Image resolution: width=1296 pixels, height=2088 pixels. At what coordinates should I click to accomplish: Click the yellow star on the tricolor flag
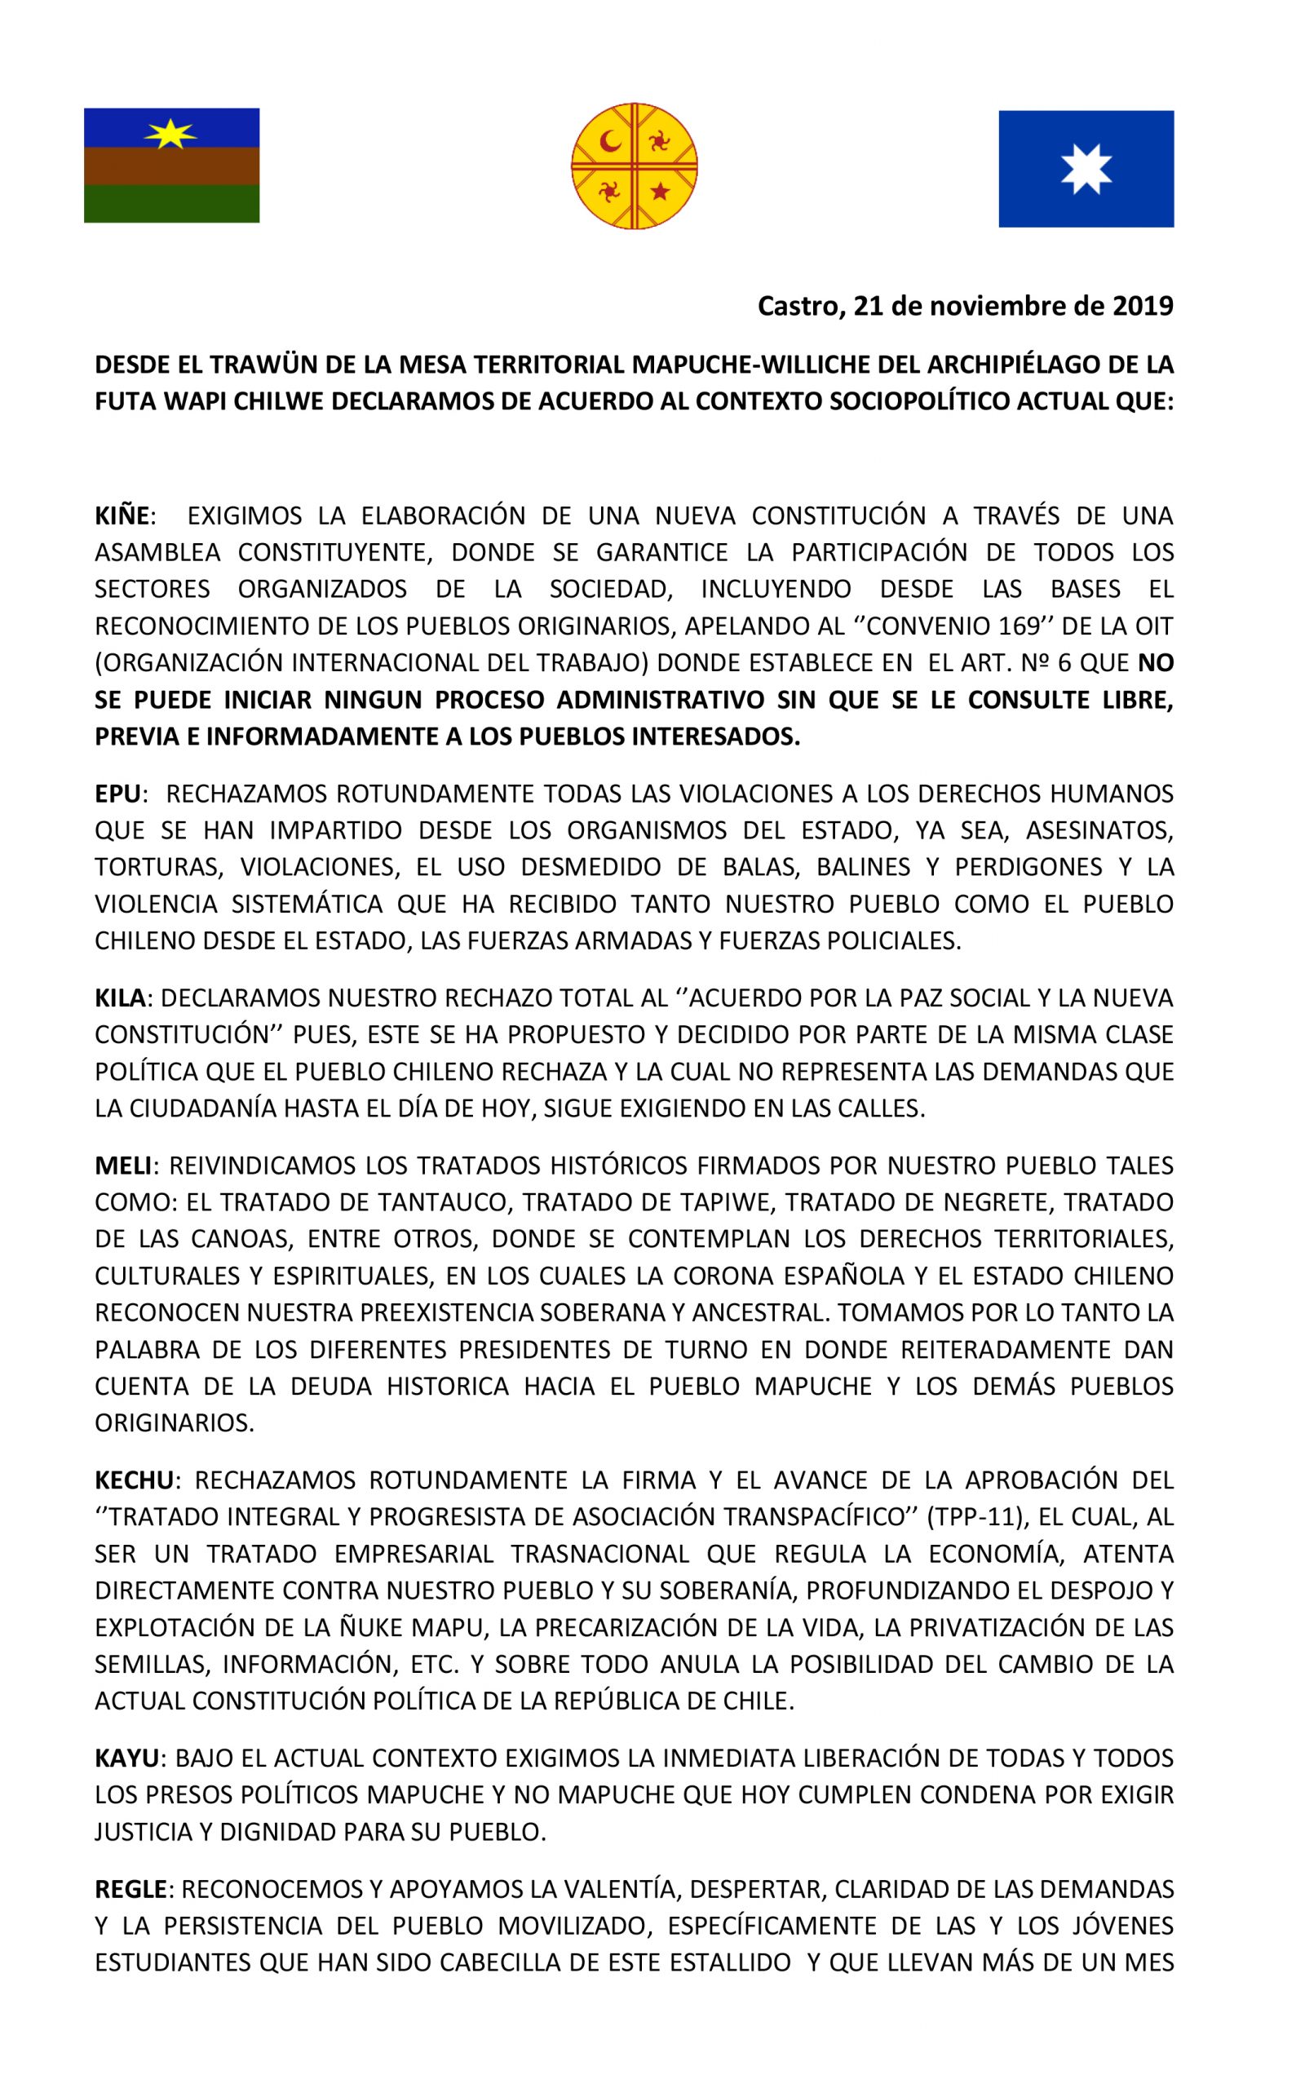click(x=170, y=133)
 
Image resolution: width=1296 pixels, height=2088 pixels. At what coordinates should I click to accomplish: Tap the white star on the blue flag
click(x=1086, y=169)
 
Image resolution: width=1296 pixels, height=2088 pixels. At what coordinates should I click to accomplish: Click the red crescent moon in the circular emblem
click(x=609, y=140)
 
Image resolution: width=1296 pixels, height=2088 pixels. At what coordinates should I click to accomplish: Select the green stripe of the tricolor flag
click(x=171, y=203)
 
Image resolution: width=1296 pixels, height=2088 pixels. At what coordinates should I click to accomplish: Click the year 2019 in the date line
click(x=1143, y=306)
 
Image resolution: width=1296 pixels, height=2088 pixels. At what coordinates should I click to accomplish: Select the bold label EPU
click(x=118, y=794)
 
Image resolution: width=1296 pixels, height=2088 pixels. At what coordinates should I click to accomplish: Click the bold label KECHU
click(x=135, y=1480)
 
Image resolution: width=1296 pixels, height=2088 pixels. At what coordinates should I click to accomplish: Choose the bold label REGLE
click(x=130, y=1889)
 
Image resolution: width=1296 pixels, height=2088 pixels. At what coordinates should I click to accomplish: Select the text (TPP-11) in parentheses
click(x=977, y=1517)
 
